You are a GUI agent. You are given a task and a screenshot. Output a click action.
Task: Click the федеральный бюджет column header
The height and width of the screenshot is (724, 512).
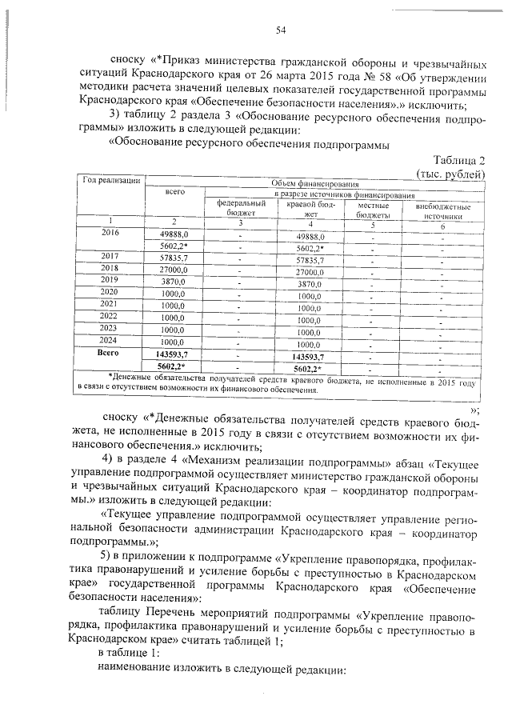click(x=241, y=210)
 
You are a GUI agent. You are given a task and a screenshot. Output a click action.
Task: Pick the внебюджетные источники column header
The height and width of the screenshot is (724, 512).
click(x=443, y=210)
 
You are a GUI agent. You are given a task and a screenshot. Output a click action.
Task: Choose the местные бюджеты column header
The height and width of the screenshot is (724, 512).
click(x=372, y=210)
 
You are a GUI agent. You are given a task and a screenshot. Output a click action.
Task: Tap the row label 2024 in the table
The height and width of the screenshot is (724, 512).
click(x=110, y=339)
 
